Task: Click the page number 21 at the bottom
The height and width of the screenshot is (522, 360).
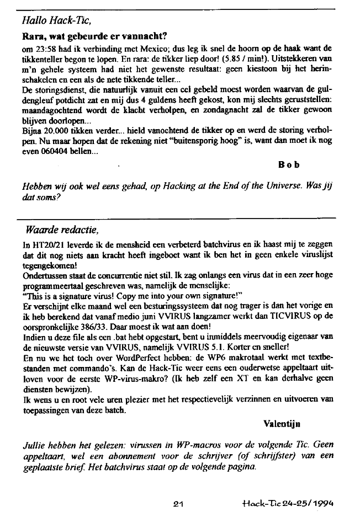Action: pos(178,503)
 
